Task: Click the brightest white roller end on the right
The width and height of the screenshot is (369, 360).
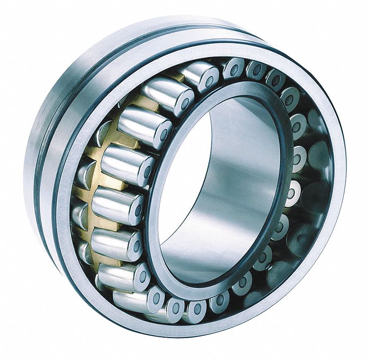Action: click(293, 192)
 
